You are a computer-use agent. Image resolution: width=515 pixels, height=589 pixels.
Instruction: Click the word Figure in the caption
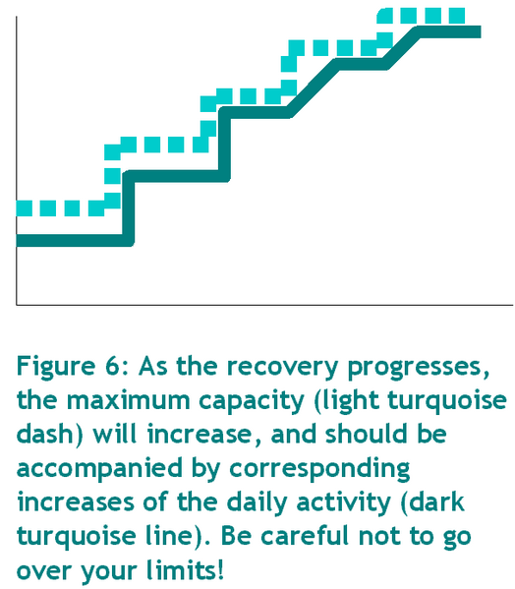[x=56, y=367]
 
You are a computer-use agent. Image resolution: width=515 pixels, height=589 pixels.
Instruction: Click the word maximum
[x=129, y=400]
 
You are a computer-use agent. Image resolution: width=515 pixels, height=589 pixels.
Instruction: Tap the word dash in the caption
[x=44, y=434]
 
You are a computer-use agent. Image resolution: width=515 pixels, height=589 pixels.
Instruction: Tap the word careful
[x=306, y=536]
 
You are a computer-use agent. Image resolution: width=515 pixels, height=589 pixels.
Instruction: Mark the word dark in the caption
[x=437, y=501]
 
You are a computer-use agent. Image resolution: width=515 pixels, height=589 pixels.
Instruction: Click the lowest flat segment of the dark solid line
[x=72, y=240]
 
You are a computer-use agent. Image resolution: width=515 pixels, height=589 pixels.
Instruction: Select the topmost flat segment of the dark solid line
[x=448, y=31]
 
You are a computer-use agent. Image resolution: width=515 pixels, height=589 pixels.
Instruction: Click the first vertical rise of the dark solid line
[x=128, y=208]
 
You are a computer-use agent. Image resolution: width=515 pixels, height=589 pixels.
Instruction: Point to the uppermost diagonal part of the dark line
[x=402, y=47]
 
